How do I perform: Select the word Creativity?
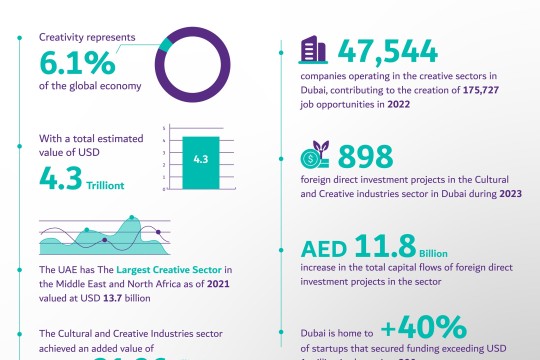(x=61, y=37)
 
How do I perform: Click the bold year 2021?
(x=220, y=283)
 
